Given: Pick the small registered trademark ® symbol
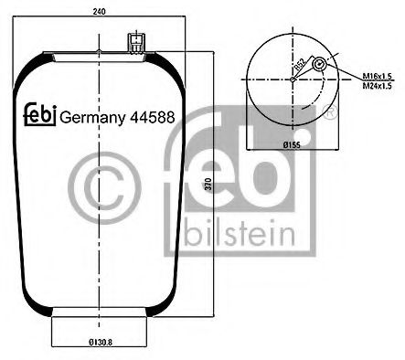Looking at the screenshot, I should point(330,113).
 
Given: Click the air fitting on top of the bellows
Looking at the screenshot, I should point(136,43).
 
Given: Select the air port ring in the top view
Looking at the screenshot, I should point(318,67).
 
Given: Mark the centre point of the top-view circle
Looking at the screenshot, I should point(291,79).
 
